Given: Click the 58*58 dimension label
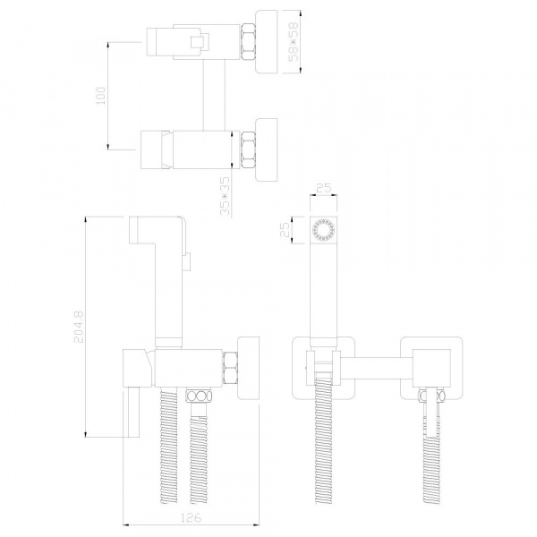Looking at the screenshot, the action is [294, 42].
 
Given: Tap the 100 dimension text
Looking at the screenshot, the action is [101, 96].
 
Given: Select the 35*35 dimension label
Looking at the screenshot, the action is [225, 197].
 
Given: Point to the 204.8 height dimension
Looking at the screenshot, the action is [79, 327].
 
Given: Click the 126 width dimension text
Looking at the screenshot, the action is [191, 517].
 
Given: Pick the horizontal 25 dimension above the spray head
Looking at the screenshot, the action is [324, 188].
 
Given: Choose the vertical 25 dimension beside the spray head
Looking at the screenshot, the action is [286, 229].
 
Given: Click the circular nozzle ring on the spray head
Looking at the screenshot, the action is [323, 230].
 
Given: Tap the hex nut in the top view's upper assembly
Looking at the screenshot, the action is [248, 42].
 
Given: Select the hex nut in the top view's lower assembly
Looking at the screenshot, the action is [248, 150].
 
